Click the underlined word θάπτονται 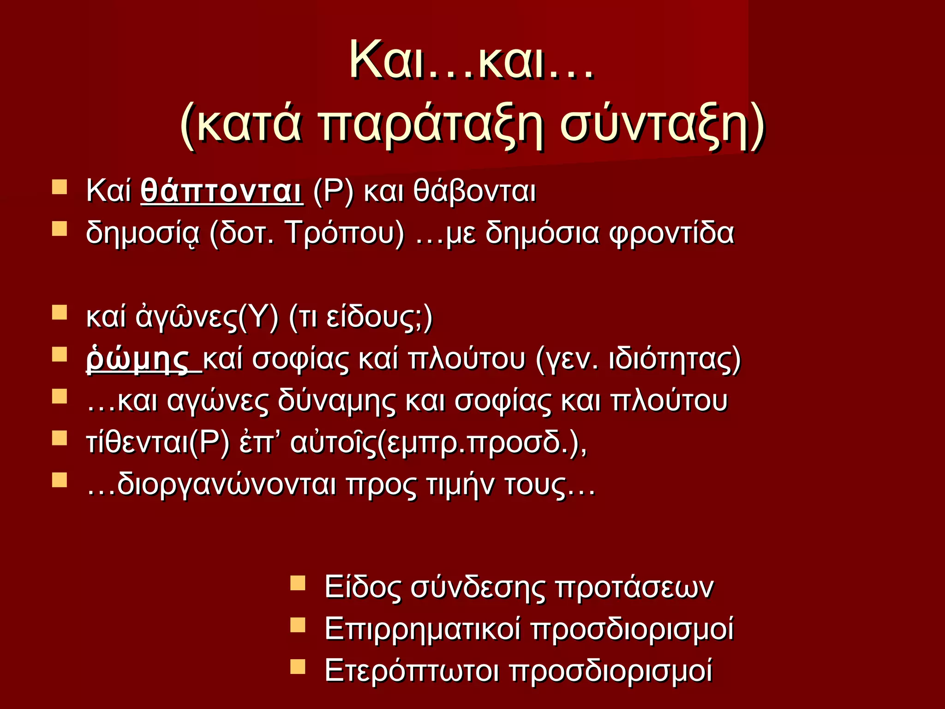pyautogui.click(x=221, y=191)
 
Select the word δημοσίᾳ pyautogui.click(x=143, y=233)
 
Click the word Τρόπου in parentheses pyautogui.click(x=345, y=233)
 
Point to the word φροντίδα pyautogui.click(x=671, y=233)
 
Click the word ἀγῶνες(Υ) pyautogui.click(x=207, y=318)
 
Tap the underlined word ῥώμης pyautogui.click(x=138, y=360)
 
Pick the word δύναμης pyautogui.click(x=336, y=401)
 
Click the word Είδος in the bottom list pyautogui.click(x=362, y=588)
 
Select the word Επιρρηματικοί pyautogui.click(x=423, y=629)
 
